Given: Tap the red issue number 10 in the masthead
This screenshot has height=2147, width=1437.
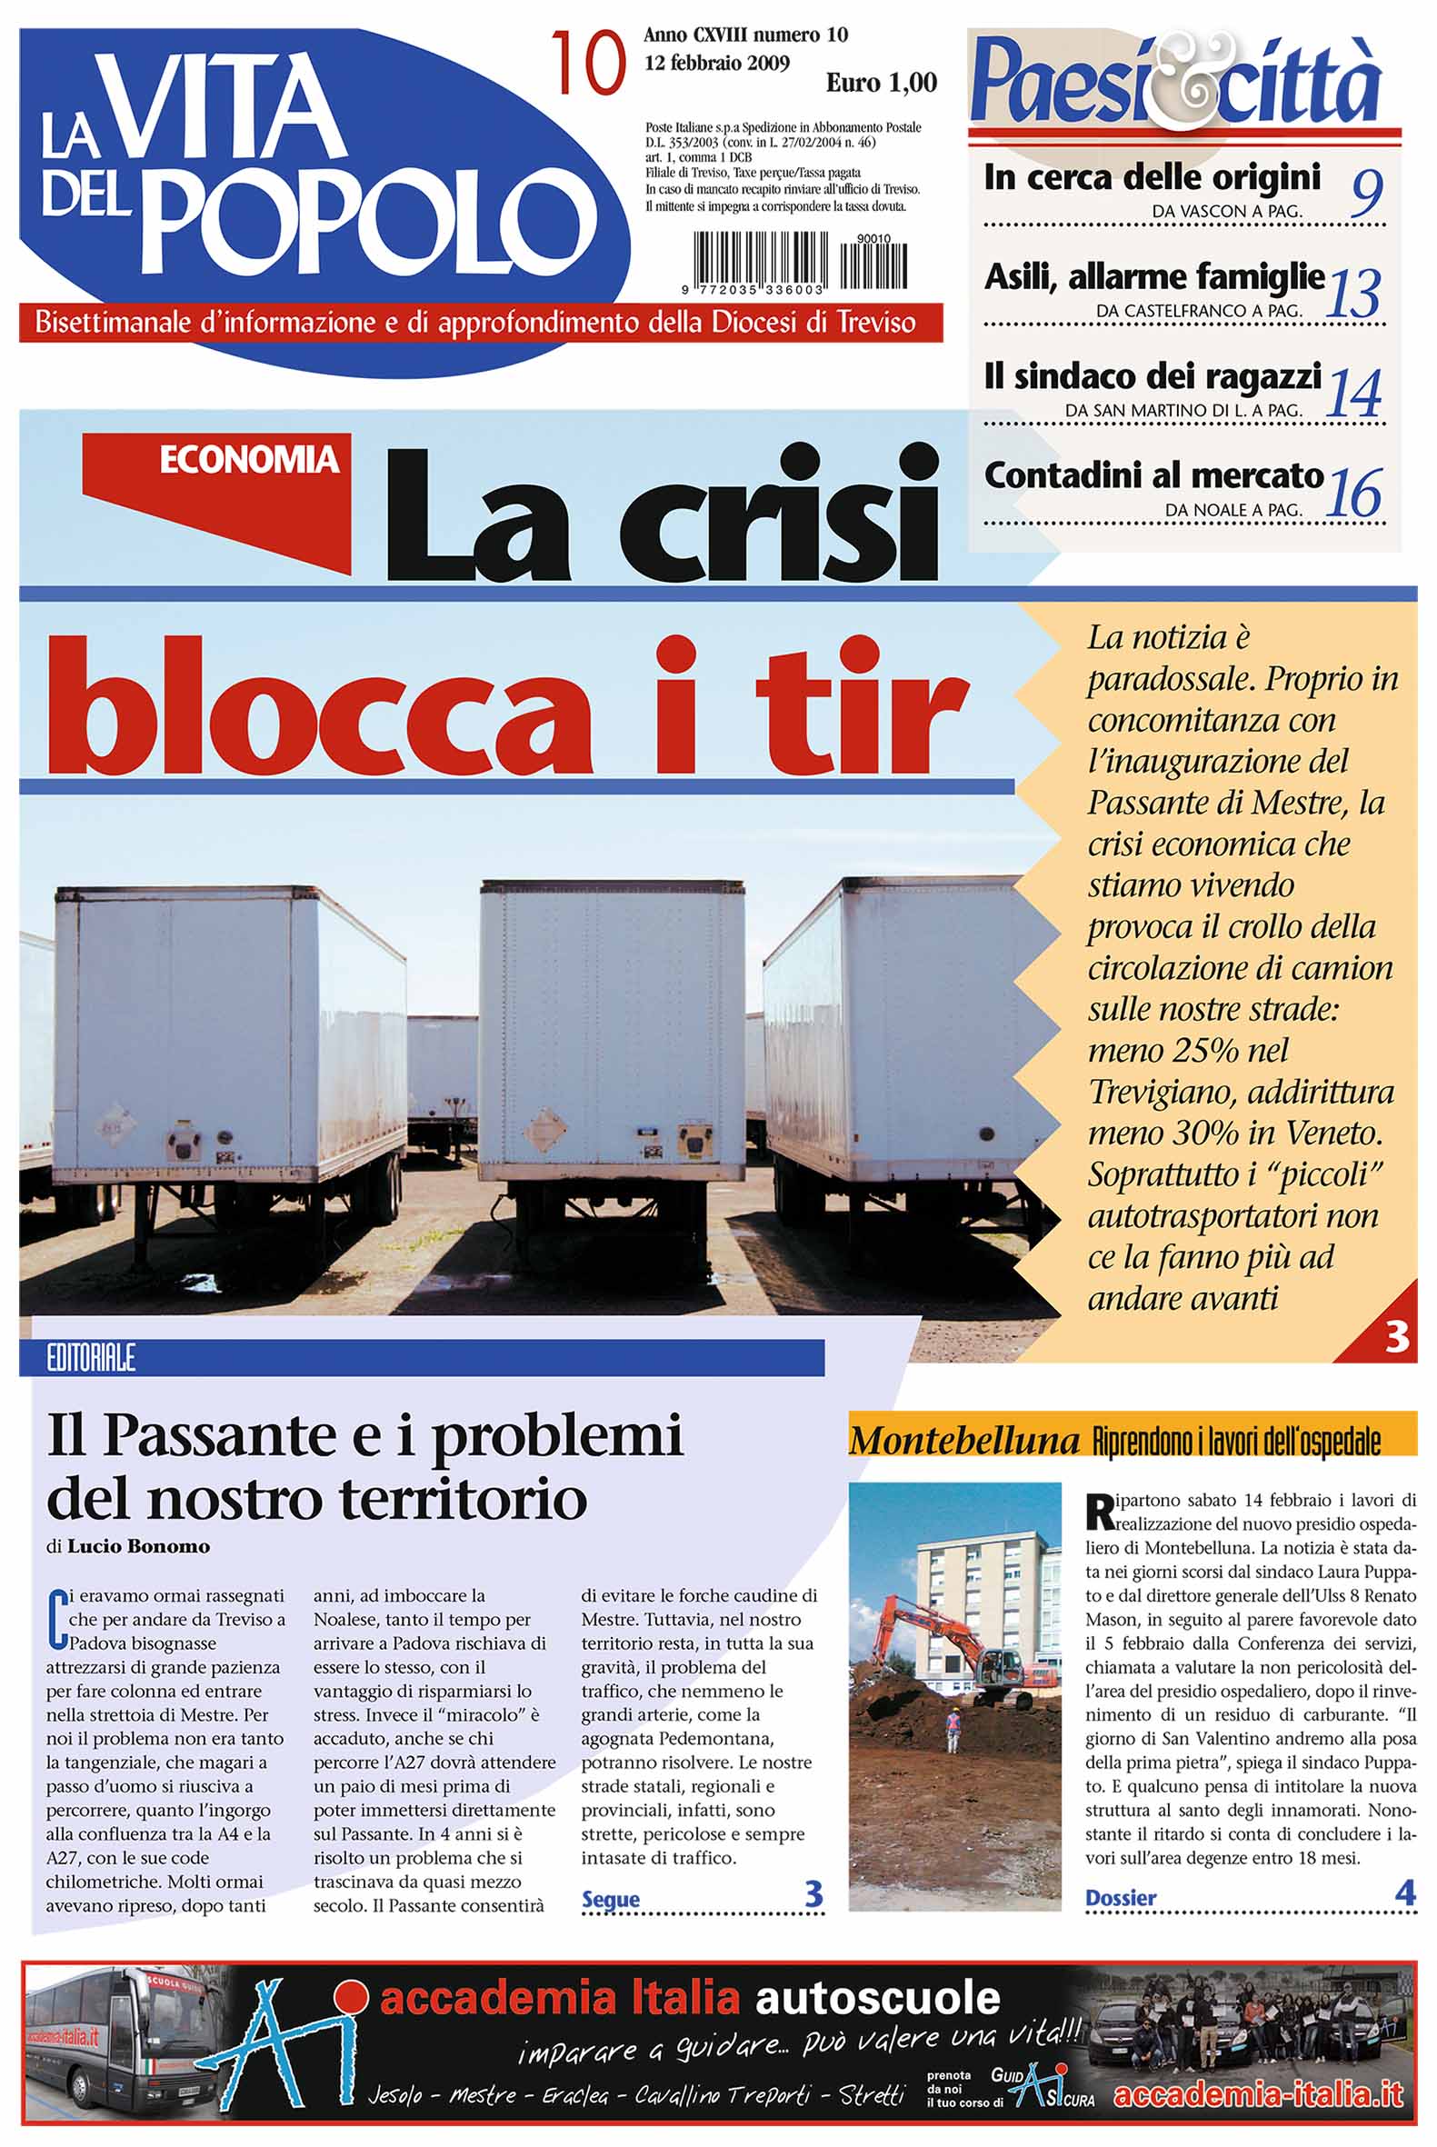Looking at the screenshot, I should pos(587,65).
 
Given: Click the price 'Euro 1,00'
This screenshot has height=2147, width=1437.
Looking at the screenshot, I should pos(881,84).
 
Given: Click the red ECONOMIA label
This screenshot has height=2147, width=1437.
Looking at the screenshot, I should pos(248,460).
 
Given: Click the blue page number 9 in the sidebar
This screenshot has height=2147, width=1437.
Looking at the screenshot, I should pos(1365,193).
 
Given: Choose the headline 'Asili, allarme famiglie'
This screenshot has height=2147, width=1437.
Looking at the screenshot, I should pos(1153,276).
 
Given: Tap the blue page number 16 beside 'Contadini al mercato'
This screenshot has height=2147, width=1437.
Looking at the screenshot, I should pos(1354,493).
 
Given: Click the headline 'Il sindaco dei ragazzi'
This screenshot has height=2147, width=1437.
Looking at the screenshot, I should pos(1152,376).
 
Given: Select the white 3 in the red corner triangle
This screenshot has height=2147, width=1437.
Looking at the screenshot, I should pos(1397,1339).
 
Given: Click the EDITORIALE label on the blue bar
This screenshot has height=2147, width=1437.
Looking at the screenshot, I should pos(91,1357).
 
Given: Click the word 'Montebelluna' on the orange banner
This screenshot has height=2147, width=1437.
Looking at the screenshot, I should pos(964,1442).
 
